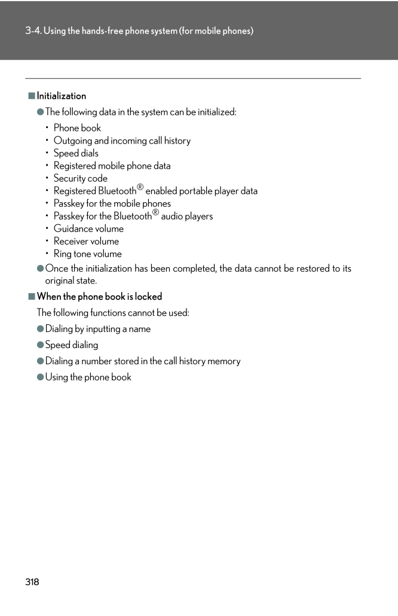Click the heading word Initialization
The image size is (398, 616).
61,96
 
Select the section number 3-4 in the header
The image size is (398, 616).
33,31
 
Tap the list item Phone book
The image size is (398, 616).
77,128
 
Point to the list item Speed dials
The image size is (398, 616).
76,153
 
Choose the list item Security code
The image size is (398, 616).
81,178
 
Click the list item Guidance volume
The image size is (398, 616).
88,228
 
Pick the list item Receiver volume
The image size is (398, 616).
86,241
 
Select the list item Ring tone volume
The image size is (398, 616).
87,254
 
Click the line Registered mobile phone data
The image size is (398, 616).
112,166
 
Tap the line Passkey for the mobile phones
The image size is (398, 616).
112,203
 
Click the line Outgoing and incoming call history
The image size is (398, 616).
122,141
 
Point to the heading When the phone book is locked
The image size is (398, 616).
99,297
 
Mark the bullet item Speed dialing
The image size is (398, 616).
72,345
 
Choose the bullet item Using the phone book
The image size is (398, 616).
88,377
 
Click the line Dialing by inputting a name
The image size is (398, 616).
98,329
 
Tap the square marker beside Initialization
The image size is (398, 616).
32,96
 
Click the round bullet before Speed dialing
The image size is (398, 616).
41,345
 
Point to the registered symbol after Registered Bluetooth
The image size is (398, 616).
140,187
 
